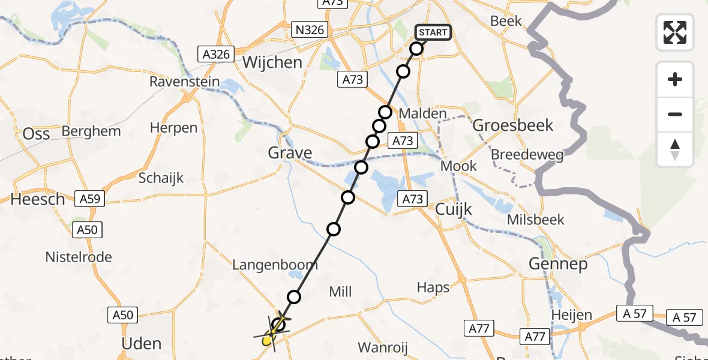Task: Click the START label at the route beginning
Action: point(433,32)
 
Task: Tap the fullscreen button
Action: point(675,32)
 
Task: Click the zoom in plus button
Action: point(675,79)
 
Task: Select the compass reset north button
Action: point(675,149)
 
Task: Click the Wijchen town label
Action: point(272,62)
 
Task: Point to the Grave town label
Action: point(290,153)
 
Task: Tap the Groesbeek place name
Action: point(513,125)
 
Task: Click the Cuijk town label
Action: point(454,209)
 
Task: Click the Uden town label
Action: point(142,344)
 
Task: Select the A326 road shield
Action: point(215,55)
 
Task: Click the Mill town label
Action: point(340,292)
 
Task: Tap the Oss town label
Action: point(36,134)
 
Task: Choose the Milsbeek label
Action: point(536,220)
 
